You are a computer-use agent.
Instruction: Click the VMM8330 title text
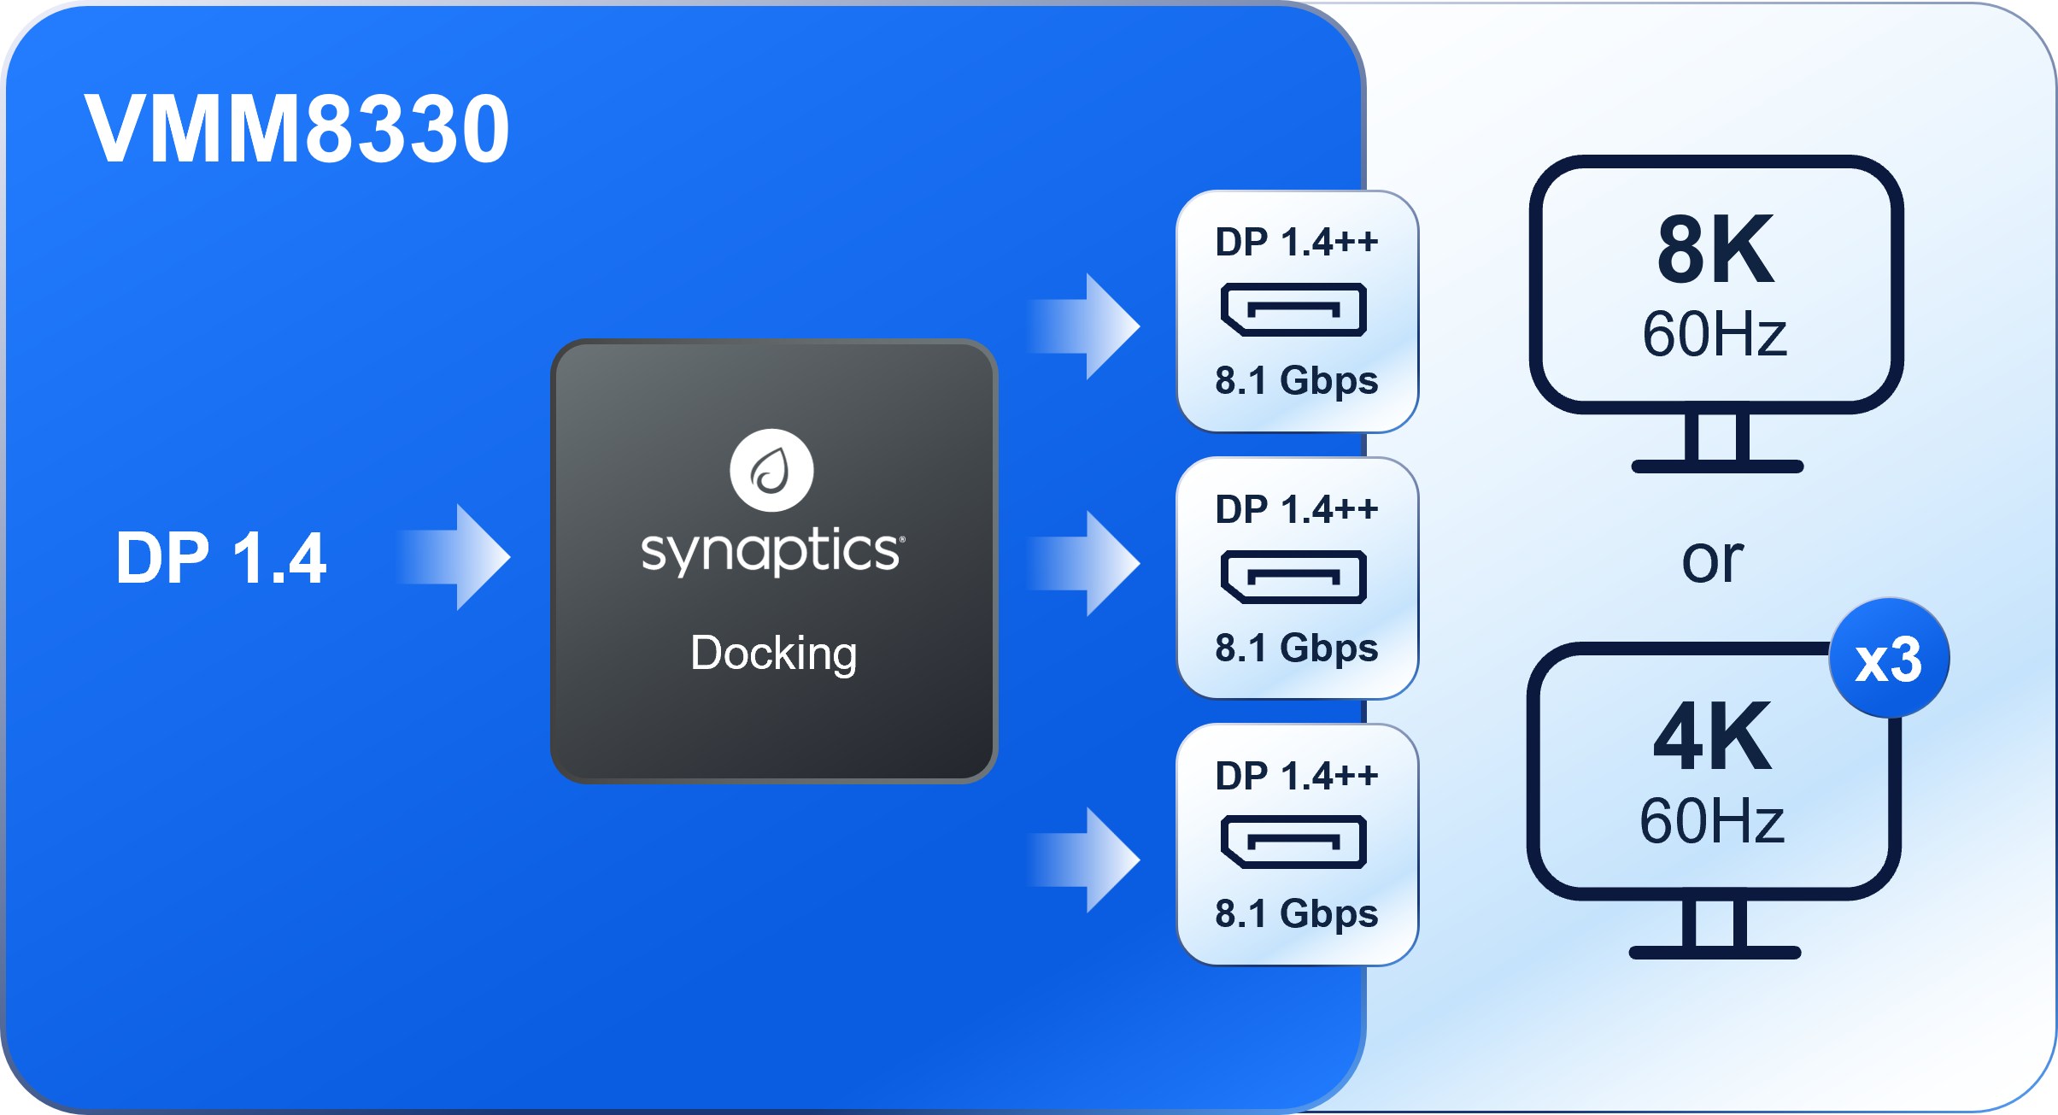pyautogui.click(x=296, y=129)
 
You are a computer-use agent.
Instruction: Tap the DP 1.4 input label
pyautogui.click(x=220, y=559)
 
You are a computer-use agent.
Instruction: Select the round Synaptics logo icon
pyautogui.click(x=771, y=471)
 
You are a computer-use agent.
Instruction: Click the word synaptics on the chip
pyautogui.click(x=771, y=551)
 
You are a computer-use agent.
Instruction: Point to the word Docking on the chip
pyautogui.click(x=773, y=654)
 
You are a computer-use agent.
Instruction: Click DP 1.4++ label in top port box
pyautogui.click(x=1297, y=243)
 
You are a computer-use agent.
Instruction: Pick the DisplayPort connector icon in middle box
pyautogui.click(x=1294, y=578)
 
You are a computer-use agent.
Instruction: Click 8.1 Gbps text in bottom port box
pyautogui.click(x=1297, y=914)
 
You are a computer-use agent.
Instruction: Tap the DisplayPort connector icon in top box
pyautogui.click(x=1294, y=309)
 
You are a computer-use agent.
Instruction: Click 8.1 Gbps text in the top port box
pyautogui.click(x=1297, y=381)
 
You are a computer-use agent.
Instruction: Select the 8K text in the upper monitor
pyautogui.click(x=1715, y=251)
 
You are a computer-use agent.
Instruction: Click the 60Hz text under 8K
pyautogui.click(x=1715, y=334)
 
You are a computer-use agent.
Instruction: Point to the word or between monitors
pyautogui.click(x=1712, y=560)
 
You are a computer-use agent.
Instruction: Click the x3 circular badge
pyautogui.click(x=1889, y=659)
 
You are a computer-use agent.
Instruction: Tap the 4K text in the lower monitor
pyautogui.click(x=1712, y=737)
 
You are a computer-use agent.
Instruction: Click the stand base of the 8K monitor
pyautogui.click(x=1717, y=467)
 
